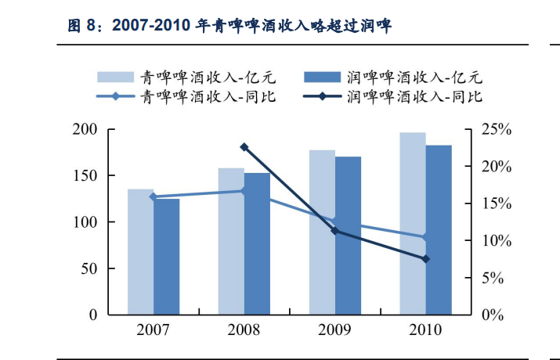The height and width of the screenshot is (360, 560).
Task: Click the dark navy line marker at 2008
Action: [x=244, y=147]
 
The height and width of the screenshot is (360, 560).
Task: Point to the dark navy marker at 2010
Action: [x=426, y=259]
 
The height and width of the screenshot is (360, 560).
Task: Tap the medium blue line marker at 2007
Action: [x=154, y=197]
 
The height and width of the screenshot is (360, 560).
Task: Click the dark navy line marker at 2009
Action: [x=335, y=231]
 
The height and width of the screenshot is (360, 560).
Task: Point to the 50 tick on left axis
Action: [x=88, y=268]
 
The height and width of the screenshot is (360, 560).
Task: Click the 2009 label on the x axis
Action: [x=335, y=329]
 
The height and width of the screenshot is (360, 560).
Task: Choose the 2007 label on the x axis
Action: [x=154, y=329]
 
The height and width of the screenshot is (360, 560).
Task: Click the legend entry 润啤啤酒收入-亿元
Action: [x=410, y=77]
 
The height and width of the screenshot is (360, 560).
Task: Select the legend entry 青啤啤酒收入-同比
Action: [x=207, y=97]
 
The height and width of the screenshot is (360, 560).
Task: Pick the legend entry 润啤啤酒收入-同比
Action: [x=410, y=97]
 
